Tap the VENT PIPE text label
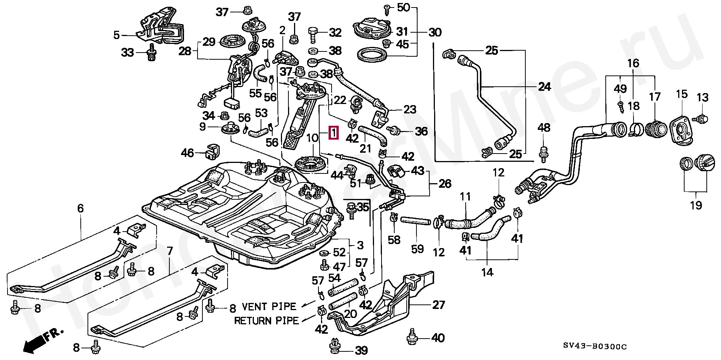coord(269,306)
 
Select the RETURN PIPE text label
coord(267,321)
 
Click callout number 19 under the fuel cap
coord(695,205)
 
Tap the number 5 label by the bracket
coord(116,35)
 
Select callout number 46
coord(187,153)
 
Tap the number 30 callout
coord(435,32)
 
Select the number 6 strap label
coord(80,209)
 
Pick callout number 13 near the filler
coord(702,98)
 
